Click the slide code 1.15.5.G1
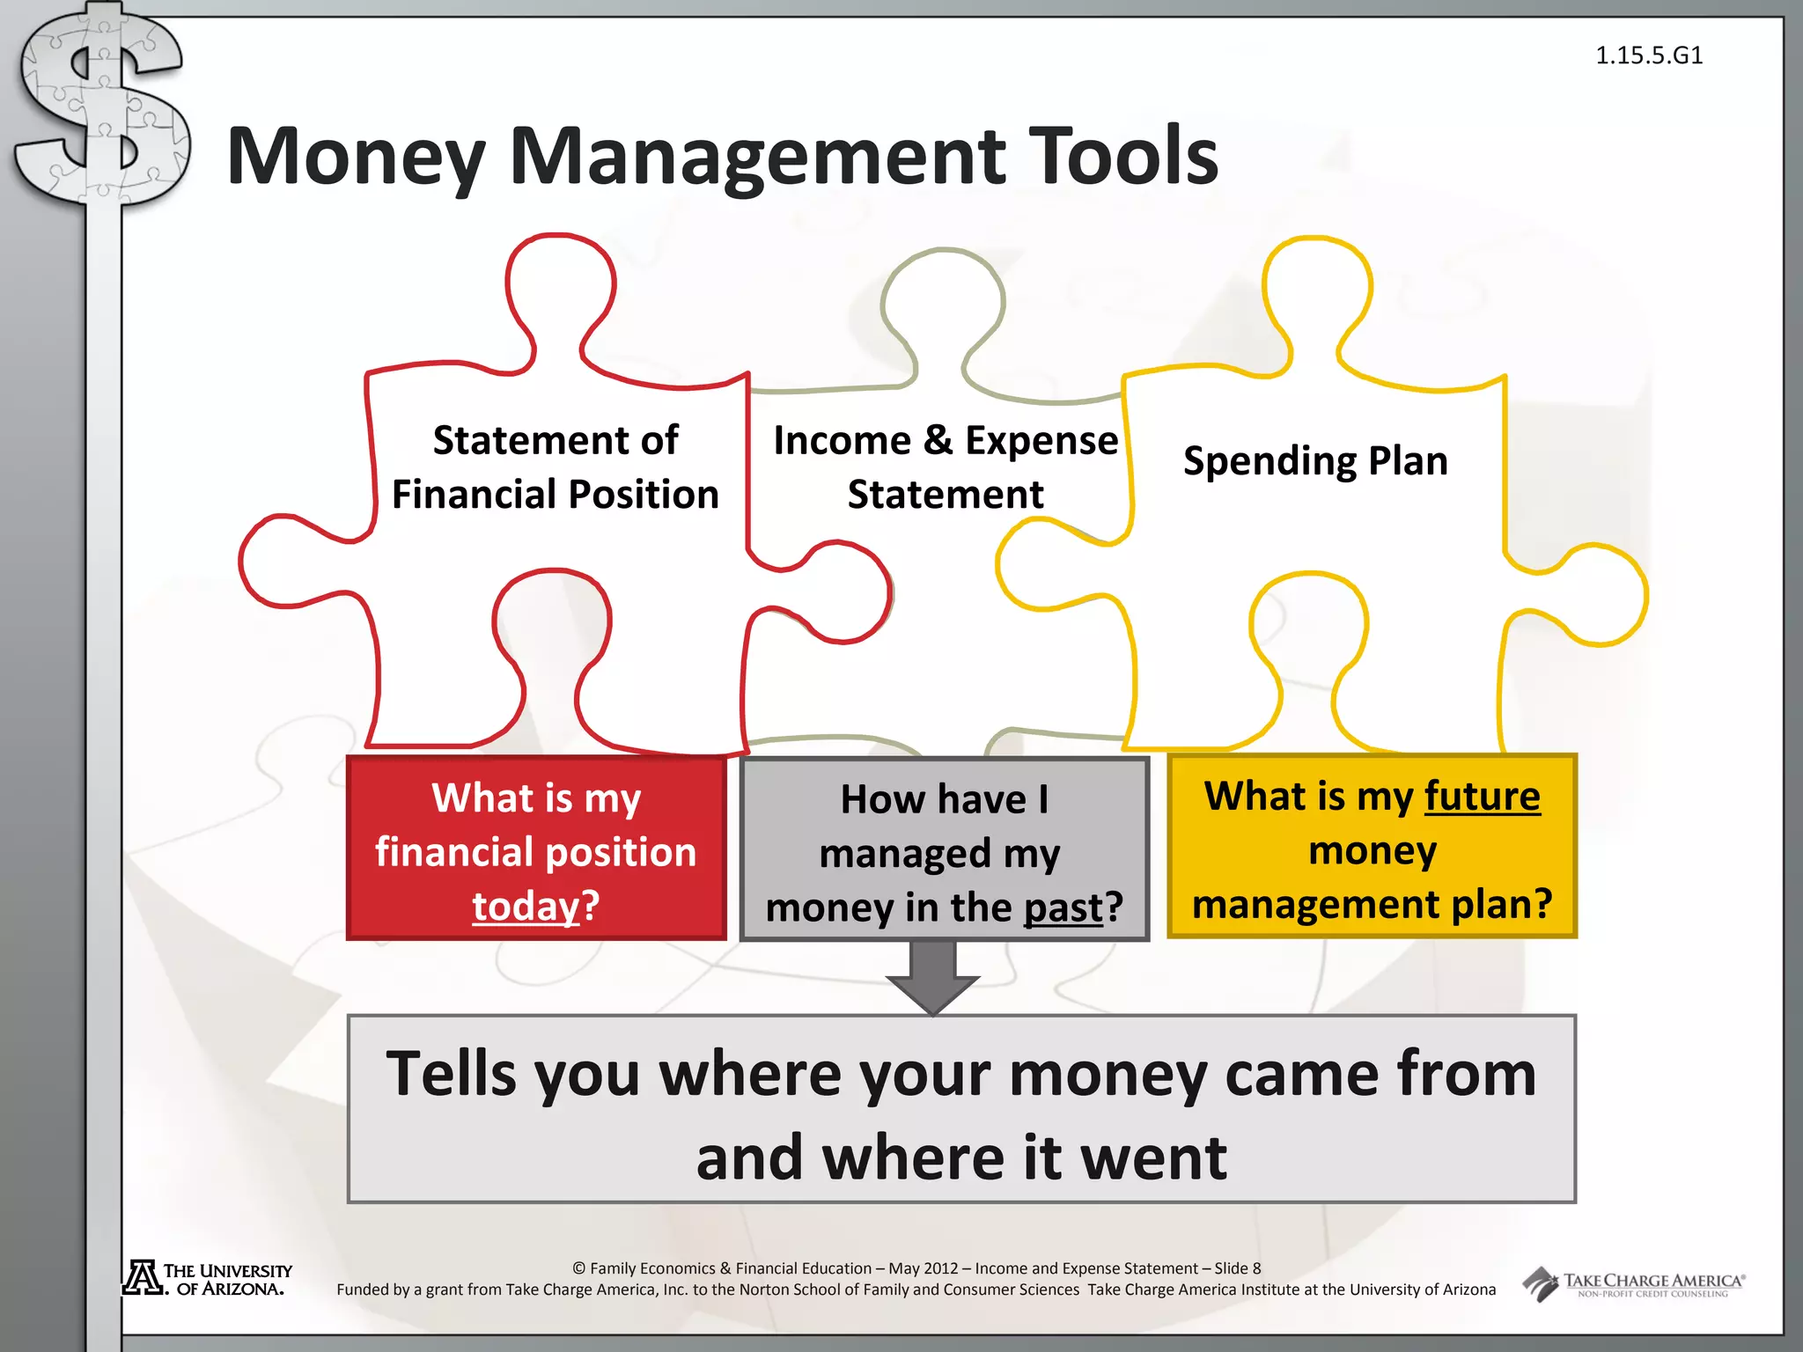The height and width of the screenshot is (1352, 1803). pyautogui.click(x=1649, y=55)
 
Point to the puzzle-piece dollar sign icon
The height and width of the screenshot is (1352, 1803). pyautogui.click(x=102, y=110)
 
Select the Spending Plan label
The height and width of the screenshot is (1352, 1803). pyautogui.click(x=1315, y=460)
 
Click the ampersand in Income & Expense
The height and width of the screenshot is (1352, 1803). pyautogui.click(x=938, y=439)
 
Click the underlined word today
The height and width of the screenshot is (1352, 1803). pyautogui.click(x=526, y=906)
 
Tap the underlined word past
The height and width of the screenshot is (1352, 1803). pyautogui.click(x=1063, y=907)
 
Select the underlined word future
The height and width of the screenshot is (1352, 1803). pyautogui.click(x=1483, y=796)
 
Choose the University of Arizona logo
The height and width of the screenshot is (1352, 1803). pyautogui.click(x=208, y=1279)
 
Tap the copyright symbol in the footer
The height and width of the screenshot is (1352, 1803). pyautogui.click(x=579, y=1268)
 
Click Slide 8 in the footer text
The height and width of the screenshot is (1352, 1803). pyautogui.click(x=1238, y=1268)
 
